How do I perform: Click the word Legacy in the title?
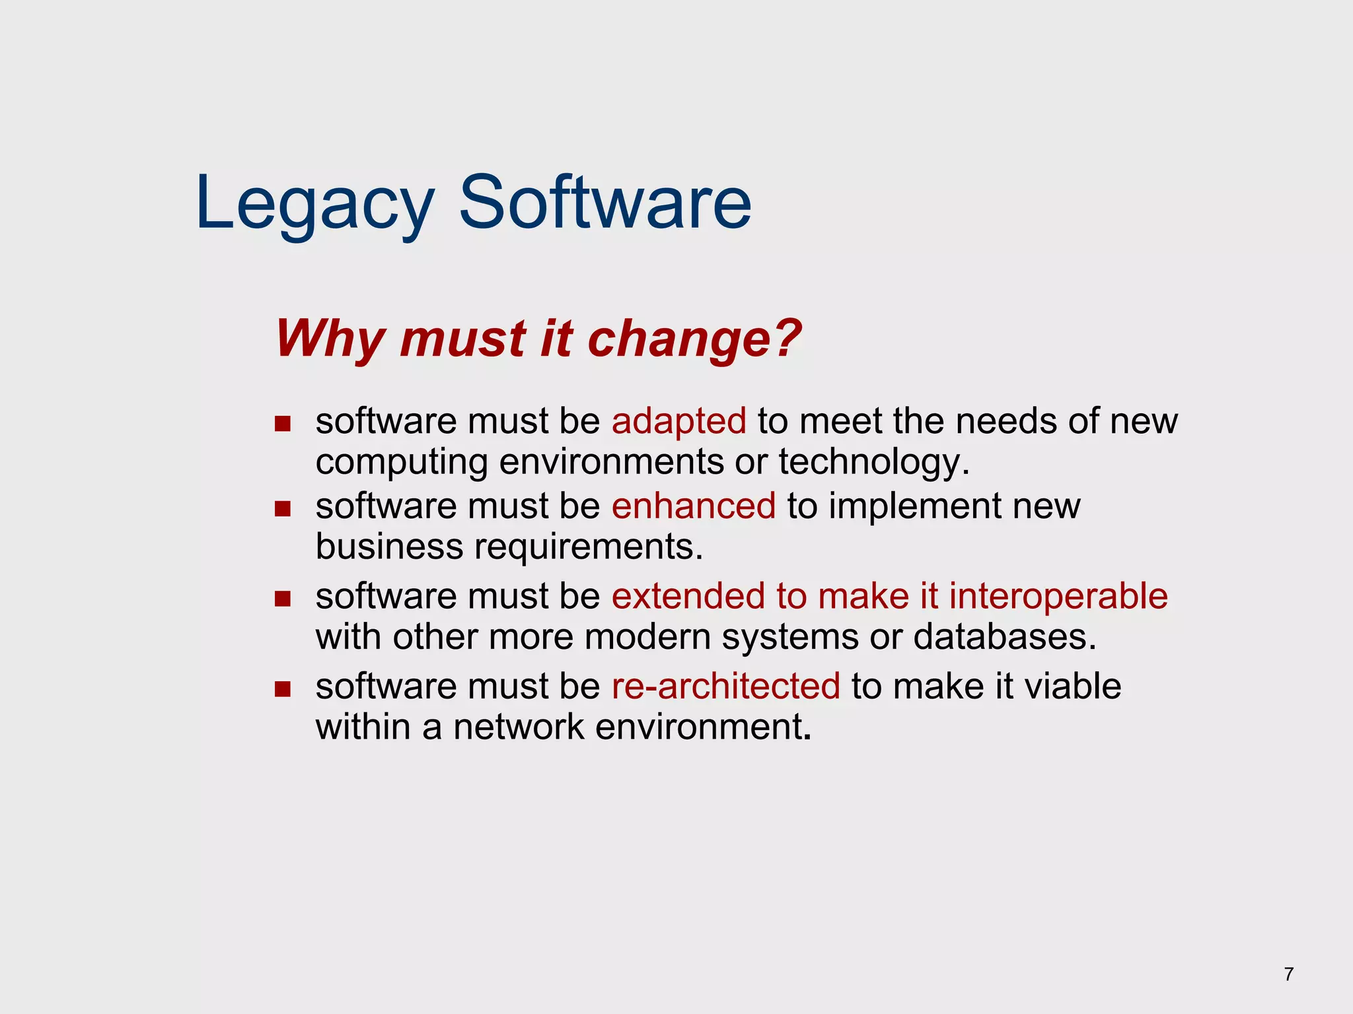314,203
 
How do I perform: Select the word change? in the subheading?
694,339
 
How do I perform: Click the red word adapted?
678,421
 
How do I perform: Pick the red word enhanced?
693,506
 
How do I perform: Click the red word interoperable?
1058,596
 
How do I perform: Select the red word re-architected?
725,687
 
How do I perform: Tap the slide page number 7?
1289,974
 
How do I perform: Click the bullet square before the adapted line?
283,424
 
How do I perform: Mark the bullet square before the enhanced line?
283,509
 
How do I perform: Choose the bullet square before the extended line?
283,599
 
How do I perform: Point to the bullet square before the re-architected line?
283,689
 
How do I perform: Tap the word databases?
1004,637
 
